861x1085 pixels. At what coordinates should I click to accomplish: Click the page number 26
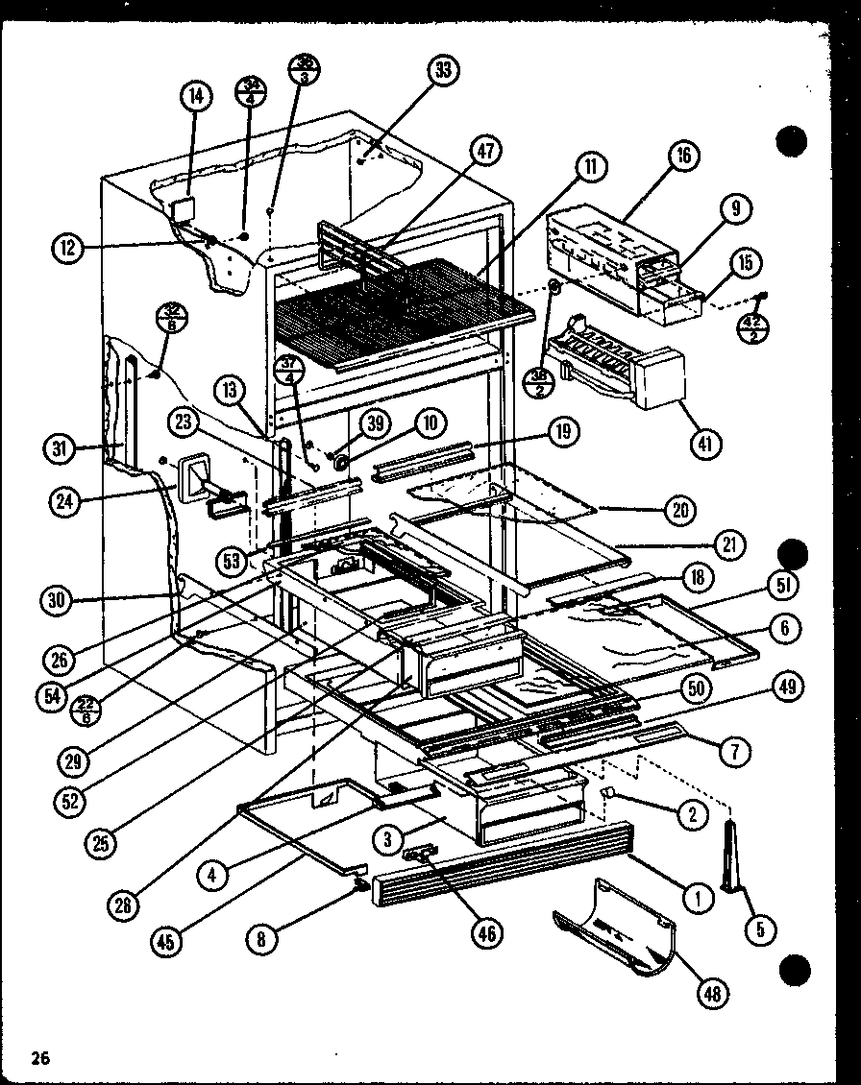[x=39, y=1059]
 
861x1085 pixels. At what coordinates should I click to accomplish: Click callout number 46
[x=489, y=932]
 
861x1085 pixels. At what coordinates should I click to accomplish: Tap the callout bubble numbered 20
[x=680, y=510]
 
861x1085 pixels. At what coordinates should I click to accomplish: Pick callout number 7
[x=737, y=752]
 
